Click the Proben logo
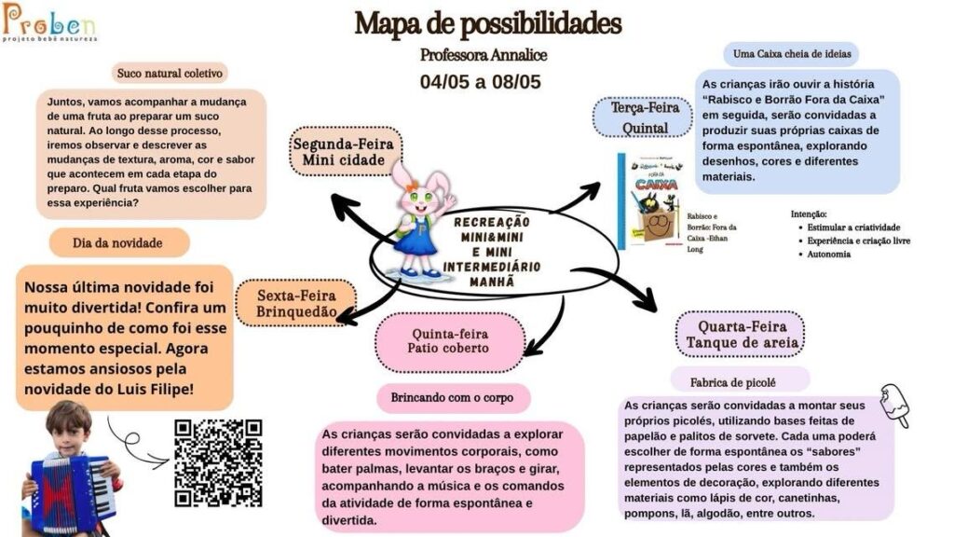(x=49, y=22)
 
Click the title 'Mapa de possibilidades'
(x=488, y=24)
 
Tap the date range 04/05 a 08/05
(x=480, y=82)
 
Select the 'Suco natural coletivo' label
(x=170, y=73)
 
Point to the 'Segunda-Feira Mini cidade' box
(x=345, y=152)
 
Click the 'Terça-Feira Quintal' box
(x=643, y=117)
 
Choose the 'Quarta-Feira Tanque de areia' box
(x=741, y=335)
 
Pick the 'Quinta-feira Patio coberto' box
(x=449, y=341)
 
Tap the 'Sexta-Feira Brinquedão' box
(x=296, y=303)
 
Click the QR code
(x=218, y=462)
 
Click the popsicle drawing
(x=895, y=405)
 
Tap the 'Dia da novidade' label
(x=118, y=243)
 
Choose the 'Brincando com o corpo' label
(x=453, y=397)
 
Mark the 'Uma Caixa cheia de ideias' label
(x=792, y=53)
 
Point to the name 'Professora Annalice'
(x=484, y=55)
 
